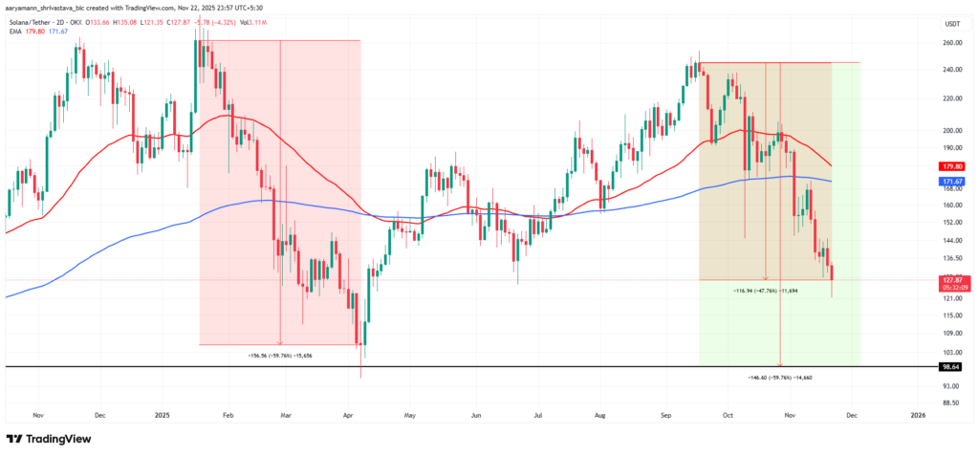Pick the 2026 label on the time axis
[x=917, y=416]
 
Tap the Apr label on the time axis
[x=349, y=416]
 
